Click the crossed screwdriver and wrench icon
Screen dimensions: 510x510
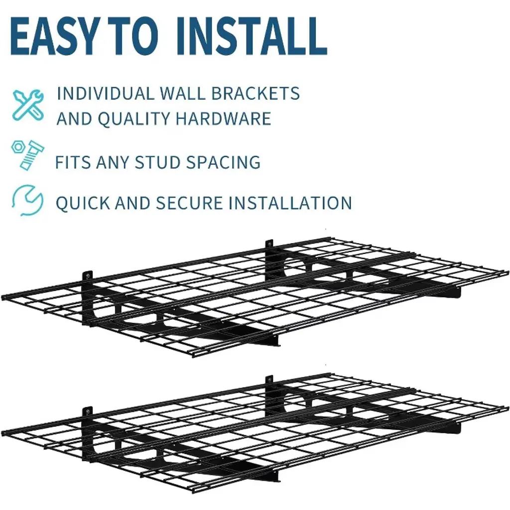click(x=28, y=105)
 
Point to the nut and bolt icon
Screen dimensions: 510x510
click(x=27, y=154)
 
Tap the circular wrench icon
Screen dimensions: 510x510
click(x=27, y=200)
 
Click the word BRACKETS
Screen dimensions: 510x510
click(x=255, y=94)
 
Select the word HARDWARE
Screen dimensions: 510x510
click(x=223, y=119)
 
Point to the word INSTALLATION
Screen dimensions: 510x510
click(x=290, y=203)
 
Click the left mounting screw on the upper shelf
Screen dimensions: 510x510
click(x=88, y=276)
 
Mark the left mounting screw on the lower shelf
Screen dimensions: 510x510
click(x=88, y=412)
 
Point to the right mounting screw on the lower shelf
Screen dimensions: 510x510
click(x=269, y=381)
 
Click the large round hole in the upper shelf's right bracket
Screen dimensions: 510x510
click(x=295, y=265)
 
